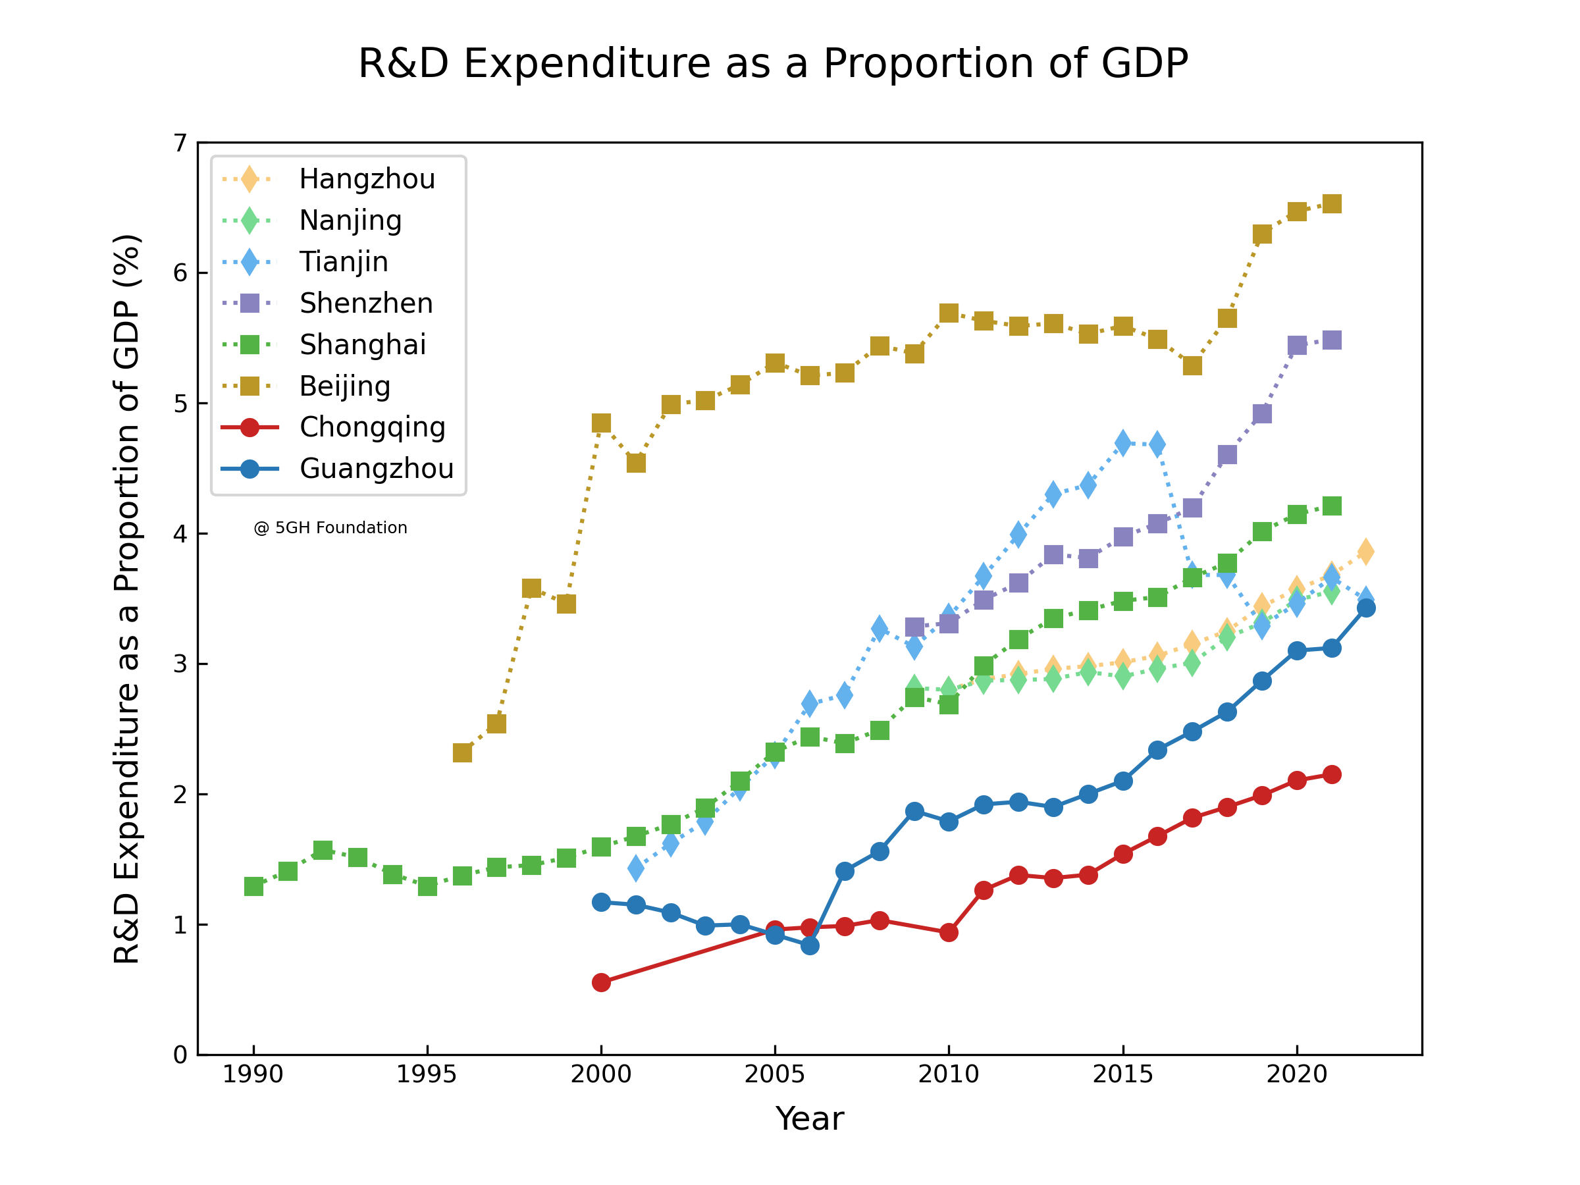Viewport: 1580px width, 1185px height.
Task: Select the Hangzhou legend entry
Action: [367, 179]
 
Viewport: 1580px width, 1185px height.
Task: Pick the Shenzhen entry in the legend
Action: [366, 303]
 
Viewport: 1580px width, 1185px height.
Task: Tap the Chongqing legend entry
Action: [372, 427]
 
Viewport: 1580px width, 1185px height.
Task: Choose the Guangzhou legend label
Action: [377, 469]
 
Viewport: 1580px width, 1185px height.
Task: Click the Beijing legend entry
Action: [344, 386]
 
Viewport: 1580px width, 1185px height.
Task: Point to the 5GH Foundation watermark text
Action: [330, 528]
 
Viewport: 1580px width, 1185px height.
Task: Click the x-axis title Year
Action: [809, 1119]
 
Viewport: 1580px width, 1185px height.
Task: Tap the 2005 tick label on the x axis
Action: [774, 1074]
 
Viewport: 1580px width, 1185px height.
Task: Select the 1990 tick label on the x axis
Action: [253, 1074]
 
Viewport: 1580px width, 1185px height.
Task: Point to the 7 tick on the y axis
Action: [180, 144]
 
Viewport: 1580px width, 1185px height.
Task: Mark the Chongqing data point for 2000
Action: [602, 982]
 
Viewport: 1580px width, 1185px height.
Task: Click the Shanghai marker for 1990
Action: [253, 886]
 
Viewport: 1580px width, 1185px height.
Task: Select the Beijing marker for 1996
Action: [462, 753]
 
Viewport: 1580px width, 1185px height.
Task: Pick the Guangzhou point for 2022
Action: [1366, 608]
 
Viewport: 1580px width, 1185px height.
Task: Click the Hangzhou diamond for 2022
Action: [1366, 552]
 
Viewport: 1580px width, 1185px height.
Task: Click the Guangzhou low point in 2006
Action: [810, 945]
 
